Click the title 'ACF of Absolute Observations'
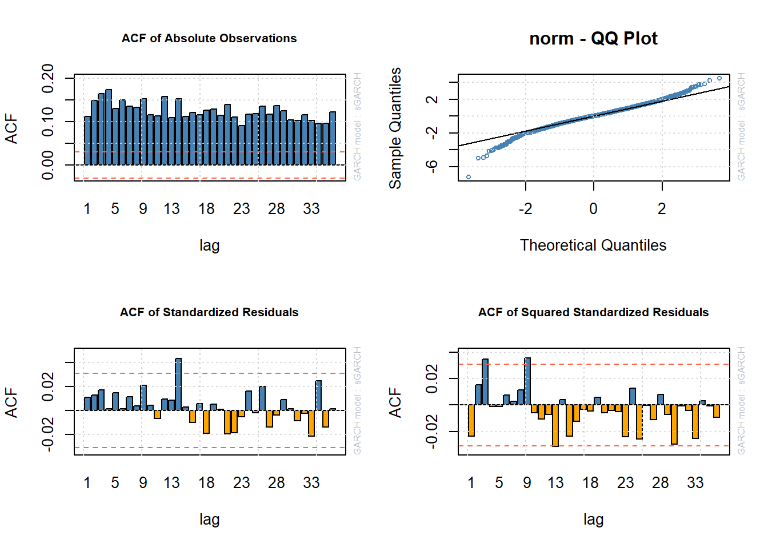(209, 38)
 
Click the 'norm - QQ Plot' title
(593, 38)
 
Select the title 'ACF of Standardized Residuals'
(209, 312)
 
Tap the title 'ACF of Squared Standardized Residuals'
(593, 312)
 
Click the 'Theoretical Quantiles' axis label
(593, 245)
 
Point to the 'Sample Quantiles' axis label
(395, 128)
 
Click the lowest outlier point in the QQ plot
(469, 177)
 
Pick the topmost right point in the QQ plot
(719, 78)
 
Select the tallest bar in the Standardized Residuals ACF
(178, 384)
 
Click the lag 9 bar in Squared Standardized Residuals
(527, 381)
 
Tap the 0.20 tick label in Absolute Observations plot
(48, 78)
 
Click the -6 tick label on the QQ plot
(432, 166)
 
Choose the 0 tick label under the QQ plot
(593, 209)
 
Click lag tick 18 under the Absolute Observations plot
(206, 209)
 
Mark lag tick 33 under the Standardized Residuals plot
(311, 483)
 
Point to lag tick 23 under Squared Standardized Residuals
(625, 483)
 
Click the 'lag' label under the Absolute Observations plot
(209, 245)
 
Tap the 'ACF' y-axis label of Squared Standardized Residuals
(395, 402)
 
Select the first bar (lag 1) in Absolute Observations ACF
(87, 140)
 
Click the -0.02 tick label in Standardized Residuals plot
(48, 434)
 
